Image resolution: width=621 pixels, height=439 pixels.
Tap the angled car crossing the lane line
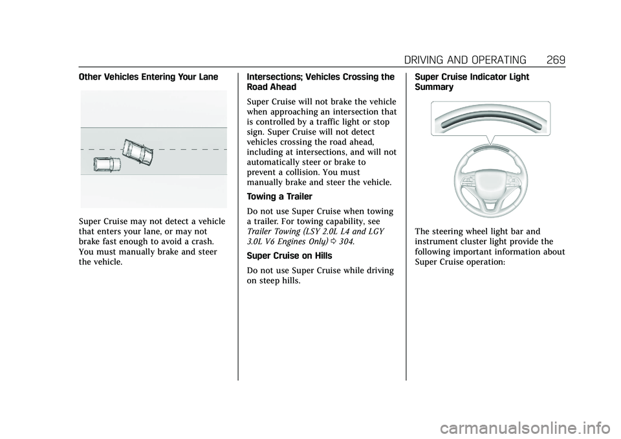tap(138, 152)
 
